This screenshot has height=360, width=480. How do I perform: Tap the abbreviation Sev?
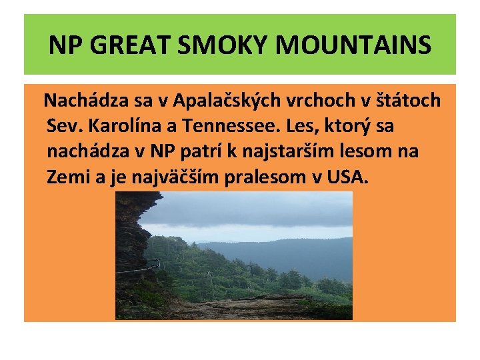tap(65, 126)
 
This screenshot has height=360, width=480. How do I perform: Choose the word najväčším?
tap(166, 177)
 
